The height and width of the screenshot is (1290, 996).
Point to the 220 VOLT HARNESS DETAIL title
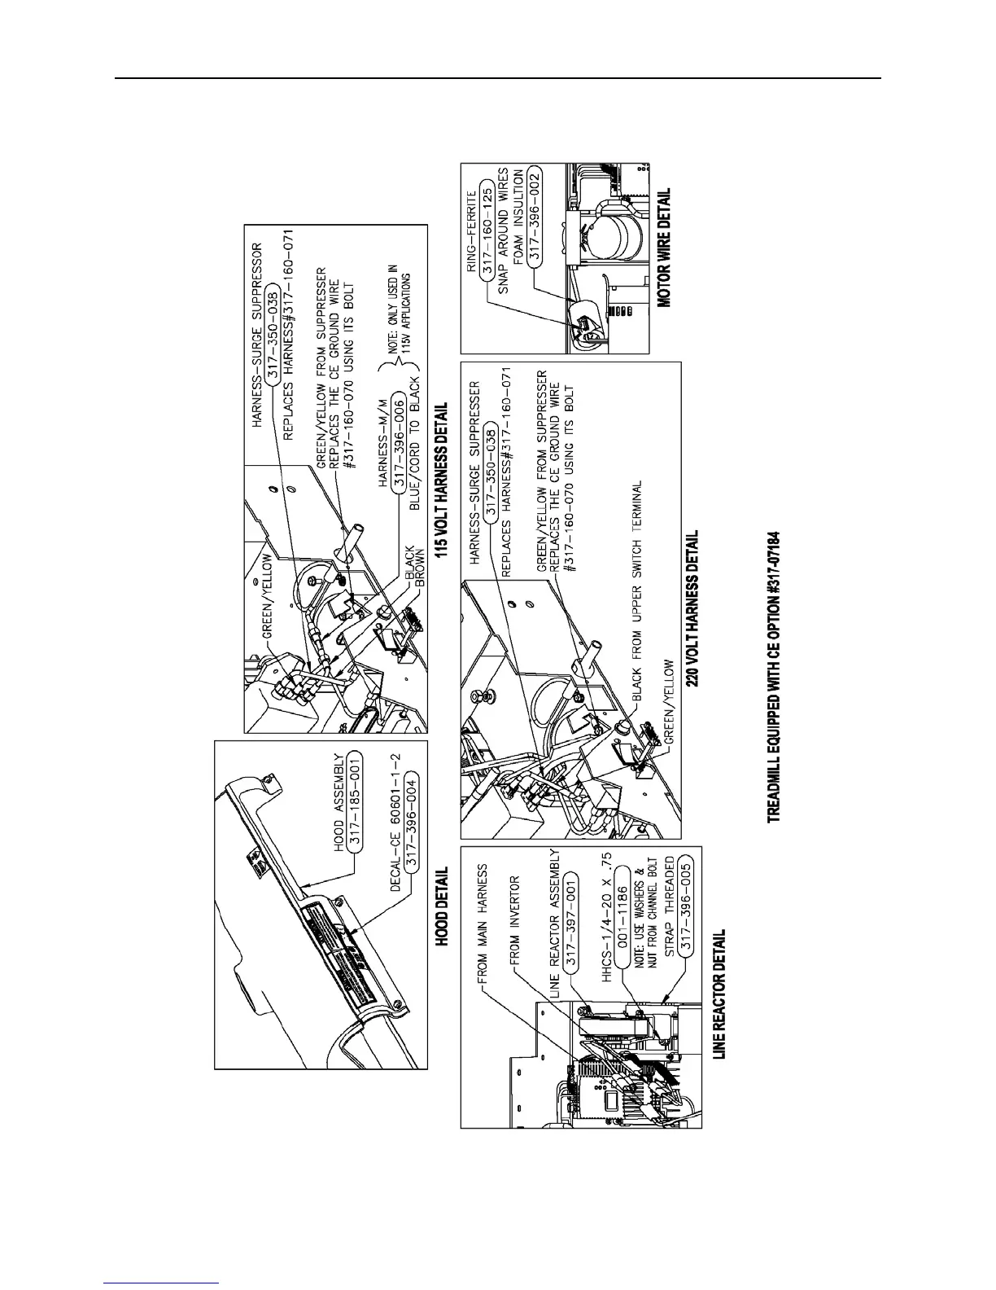pyautogui.click(x=692, y=610)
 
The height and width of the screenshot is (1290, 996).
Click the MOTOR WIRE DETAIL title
pyautogui.click(x=664, y=248)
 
